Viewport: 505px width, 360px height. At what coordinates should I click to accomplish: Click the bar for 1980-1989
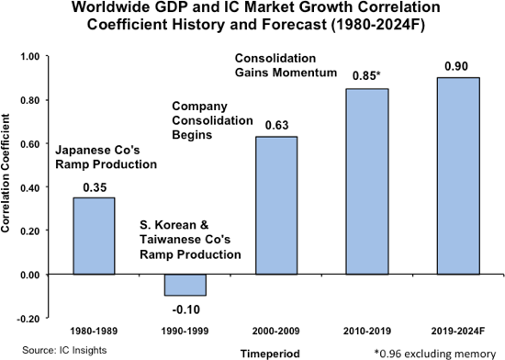95,236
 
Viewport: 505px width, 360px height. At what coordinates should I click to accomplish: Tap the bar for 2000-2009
276,205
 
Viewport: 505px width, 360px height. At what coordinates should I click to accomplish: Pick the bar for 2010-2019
365,181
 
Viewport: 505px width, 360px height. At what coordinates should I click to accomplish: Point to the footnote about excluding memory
434,352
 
